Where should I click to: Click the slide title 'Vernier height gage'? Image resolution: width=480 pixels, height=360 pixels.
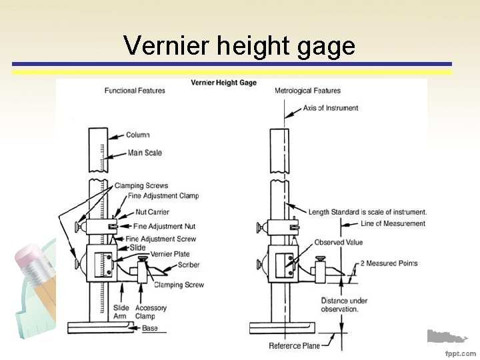(239, 46)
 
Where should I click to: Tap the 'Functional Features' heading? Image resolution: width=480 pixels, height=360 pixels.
(135, 91)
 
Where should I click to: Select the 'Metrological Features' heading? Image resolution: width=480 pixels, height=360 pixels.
(307, 91)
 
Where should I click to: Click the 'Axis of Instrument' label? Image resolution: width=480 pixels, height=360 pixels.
(331, 108)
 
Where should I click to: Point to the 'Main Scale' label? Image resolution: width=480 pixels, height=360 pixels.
(145, 153)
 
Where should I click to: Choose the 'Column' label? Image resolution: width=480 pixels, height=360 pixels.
(138, 135)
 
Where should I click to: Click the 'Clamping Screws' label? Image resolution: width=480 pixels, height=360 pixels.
(141, 186)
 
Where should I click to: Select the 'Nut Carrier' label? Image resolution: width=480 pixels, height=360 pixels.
(153, 212)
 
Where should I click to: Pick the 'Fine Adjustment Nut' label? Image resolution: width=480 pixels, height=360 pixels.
(163, 227)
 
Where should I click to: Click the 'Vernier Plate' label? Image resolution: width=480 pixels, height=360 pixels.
(170, 254)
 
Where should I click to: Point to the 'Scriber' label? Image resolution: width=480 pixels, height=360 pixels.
(189, 265)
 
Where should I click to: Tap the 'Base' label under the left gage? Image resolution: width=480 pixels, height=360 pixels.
(150, 328)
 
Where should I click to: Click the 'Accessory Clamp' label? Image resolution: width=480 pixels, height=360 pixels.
(151, 312)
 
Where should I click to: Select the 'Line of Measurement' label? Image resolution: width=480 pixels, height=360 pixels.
(393, 223)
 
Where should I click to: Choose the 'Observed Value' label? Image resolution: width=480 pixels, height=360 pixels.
(339, 242)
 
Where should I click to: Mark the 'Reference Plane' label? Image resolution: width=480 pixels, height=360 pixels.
(294, 346)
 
